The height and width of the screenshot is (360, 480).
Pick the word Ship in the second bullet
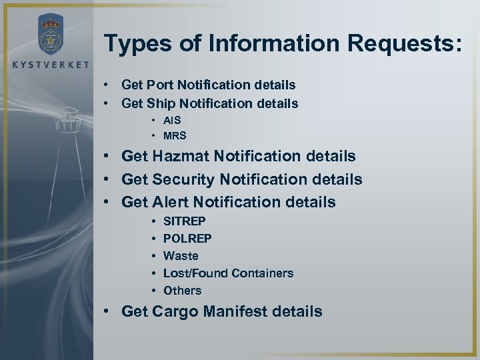159,104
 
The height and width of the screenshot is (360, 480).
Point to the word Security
189,179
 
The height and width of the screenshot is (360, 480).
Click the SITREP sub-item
185,221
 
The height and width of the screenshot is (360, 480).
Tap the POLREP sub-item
186,238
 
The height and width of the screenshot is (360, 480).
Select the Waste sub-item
181,255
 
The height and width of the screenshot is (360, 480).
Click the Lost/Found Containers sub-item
228,273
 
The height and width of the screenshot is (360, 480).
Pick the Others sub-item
182,290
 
